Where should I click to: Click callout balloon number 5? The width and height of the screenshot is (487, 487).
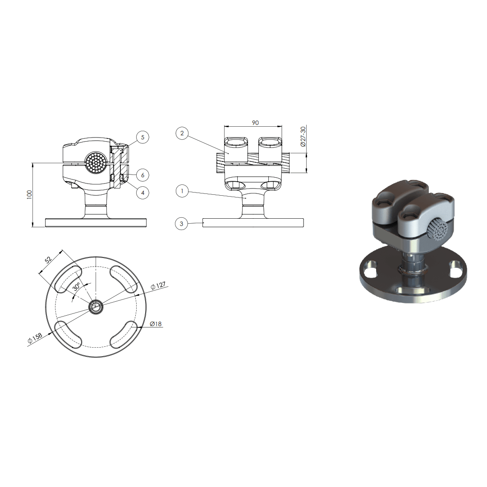142,137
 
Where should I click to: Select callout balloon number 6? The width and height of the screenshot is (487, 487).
142,175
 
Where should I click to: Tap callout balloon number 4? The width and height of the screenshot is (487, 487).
142,193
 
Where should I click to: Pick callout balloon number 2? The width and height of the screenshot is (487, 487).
182,133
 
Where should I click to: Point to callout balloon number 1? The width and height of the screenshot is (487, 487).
182,191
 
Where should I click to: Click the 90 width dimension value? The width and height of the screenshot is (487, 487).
255,123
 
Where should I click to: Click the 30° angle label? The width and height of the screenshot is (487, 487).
77,286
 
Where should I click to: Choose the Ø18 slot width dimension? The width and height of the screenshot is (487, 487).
156,324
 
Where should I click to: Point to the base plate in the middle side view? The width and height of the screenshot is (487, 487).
253,223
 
